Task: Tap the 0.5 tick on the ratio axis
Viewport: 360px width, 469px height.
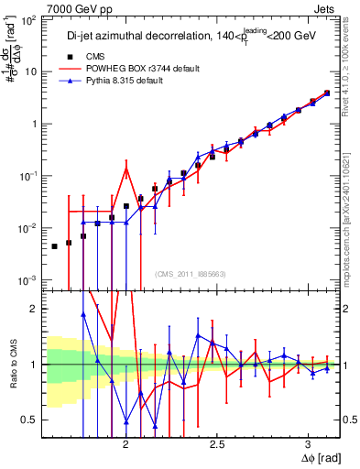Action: point(28,420)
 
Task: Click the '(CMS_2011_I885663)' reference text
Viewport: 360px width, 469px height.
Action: point(191,272)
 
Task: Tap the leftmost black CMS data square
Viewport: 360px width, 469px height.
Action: point(54,246)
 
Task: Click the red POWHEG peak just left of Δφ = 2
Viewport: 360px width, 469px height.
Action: point(126,168)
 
